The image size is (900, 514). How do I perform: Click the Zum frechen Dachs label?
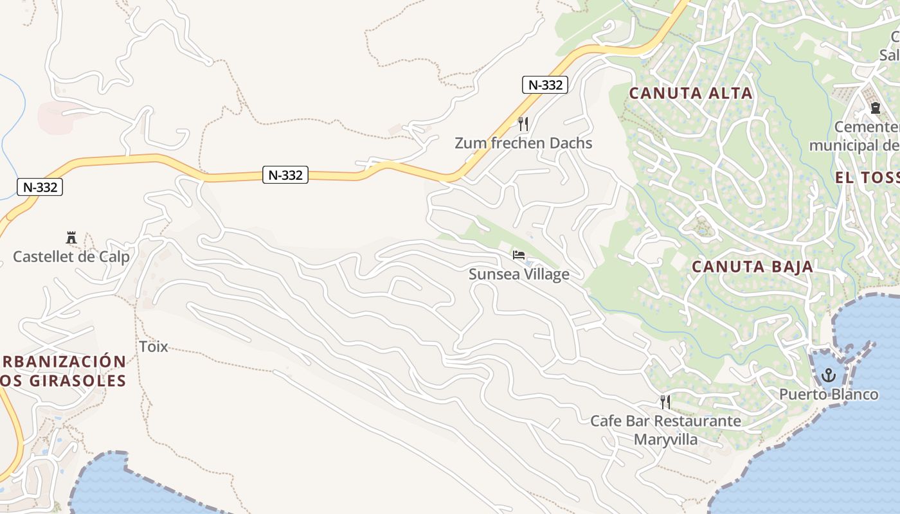(x=523, y=143)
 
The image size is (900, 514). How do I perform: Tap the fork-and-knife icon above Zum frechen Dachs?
(x=523, y=123)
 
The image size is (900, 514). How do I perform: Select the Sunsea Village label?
(x=519, y=274)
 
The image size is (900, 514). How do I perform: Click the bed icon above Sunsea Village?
(x=519, y=255)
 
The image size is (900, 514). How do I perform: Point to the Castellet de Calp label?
(x=71, y=257)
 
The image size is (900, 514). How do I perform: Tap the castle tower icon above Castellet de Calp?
(x=71, y=238)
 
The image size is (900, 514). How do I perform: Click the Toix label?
(x=154, y=347)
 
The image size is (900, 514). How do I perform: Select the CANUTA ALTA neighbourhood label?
(x=690, y=93)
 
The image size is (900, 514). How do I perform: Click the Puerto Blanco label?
(x=829, y=394)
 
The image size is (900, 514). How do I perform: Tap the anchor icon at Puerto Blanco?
(x=829, y=375)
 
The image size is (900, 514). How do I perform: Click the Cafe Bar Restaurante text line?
(x=665, y=421)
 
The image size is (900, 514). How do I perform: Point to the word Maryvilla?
(x=665, y=439)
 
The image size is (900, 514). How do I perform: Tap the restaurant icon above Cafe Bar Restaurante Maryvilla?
(x=665, y=402)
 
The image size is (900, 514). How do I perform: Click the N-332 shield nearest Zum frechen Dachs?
(x=544, y=85)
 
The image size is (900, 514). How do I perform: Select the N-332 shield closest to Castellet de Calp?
(x=40, y=188)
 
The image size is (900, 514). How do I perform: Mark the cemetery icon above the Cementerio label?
(x=875, y=108)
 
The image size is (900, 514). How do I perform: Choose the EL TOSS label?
(x=867, y=178)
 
